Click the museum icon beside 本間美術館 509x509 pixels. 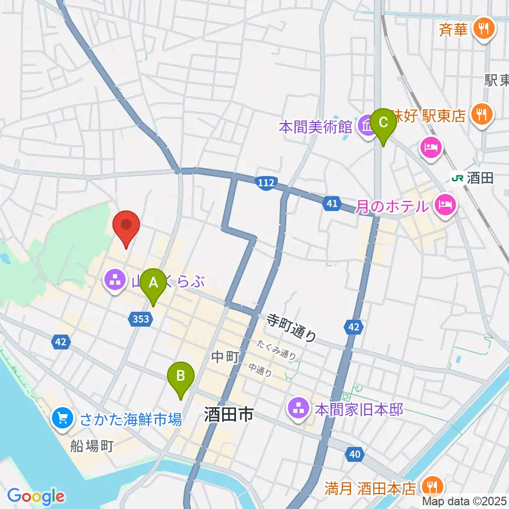coord(366,127)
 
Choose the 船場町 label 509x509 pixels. coord(93,445)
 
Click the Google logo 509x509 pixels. coord(36,496)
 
